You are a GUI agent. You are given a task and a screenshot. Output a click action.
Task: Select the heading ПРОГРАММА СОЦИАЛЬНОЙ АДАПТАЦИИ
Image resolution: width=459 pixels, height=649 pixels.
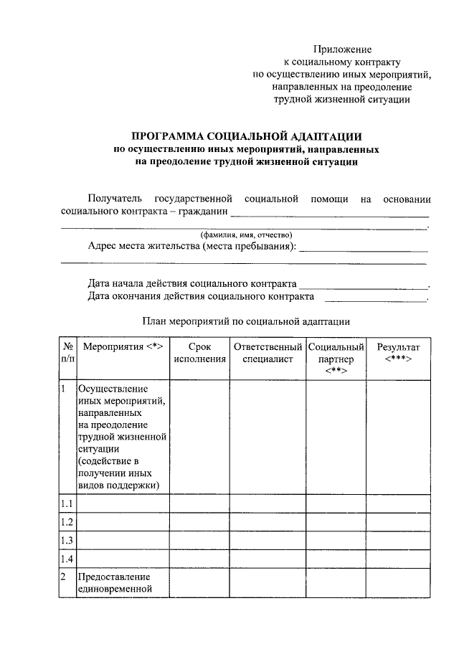pos(247,136)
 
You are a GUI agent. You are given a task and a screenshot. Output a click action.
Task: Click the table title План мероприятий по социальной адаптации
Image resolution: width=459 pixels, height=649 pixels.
pos(246,322)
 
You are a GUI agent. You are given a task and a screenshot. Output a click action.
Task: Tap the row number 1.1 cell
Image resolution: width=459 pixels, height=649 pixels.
pos(67,503)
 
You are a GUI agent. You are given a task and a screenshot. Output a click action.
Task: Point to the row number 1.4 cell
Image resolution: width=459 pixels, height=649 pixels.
pos(67,558)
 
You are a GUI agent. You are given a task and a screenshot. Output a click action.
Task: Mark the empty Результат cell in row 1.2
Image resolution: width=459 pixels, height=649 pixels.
pos(398,521)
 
